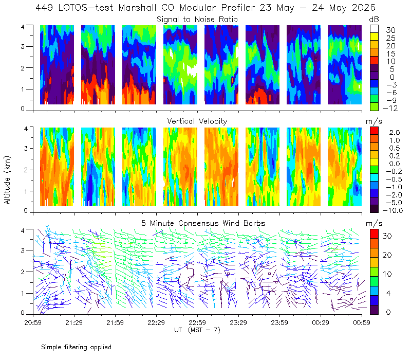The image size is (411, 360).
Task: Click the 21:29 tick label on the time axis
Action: coord(74,322)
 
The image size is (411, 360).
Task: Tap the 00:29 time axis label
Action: coord(321,322)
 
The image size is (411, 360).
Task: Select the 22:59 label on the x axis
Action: coord(197,322)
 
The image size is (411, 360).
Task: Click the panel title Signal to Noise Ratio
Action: coord(197,20)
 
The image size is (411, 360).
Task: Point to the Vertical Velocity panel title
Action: coord(197,121)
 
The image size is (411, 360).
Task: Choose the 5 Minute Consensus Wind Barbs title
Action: coord(203,223)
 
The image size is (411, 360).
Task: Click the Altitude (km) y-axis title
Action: coord(7,180)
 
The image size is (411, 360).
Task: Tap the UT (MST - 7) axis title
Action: coord(197,330)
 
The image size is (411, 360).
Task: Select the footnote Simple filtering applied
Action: coord(76,348)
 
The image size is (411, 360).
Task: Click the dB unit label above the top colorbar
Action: coord(374,20)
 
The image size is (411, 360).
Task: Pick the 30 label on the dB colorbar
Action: coord(390,30)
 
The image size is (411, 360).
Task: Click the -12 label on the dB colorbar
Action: coord(390,108)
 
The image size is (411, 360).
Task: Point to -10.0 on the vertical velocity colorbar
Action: coord(393,210)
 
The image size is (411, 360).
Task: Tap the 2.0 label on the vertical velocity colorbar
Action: coord(395,133)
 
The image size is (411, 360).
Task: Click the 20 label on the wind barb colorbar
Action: coord(387,255)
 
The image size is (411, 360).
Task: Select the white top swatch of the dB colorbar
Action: coord(374,29)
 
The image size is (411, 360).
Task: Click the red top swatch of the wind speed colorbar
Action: coord(374,234)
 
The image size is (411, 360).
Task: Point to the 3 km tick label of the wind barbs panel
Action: coord(23,250)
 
